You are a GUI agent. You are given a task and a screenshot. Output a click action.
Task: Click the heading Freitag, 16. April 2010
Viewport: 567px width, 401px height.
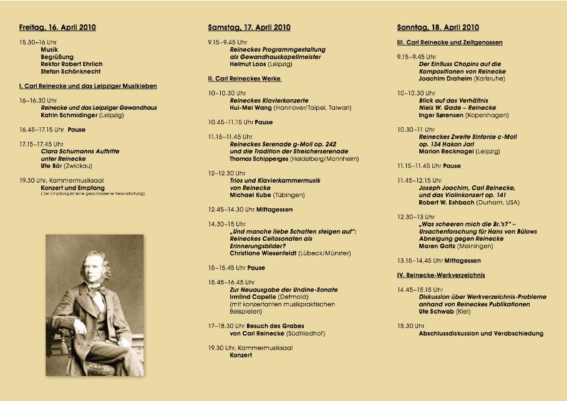click(57, 27)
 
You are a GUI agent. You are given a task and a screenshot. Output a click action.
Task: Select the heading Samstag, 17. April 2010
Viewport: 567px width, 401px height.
click(249, 27)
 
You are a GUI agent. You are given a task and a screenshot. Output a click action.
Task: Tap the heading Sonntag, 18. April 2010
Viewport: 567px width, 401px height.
click(438, 27)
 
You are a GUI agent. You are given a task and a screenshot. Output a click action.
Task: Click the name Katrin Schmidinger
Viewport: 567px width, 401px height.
click(69, 115)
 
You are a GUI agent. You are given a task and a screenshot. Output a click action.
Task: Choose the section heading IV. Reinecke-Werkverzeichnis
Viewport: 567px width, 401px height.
click(441, 275)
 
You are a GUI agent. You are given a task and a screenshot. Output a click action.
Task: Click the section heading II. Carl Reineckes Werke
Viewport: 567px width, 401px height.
click(245, 79)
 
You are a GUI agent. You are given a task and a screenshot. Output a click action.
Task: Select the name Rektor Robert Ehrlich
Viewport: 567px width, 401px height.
click(72, 64)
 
